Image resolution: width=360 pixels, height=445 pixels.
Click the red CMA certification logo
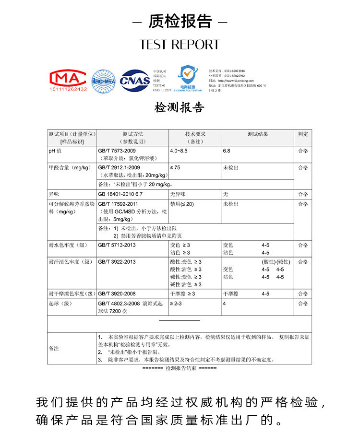tap(68, 78)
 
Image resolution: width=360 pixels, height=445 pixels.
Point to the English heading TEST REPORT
tap(180, 45)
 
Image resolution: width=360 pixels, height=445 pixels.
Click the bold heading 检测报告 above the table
tap(180, 107)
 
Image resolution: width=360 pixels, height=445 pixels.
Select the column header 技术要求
tap(195, 134)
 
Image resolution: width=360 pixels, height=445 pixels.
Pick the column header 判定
tap(302, 134)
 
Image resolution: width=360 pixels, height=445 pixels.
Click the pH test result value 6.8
tap(227, 151)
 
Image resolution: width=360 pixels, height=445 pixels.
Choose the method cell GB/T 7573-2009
tap(113, 151)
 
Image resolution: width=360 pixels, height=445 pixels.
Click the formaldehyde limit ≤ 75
tap(175, 167)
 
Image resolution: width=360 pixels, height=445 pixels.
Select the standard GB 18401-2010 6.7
tap(120, 194)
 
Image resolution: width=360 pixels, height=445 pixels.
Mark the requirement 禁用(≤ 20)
tap(182, 204)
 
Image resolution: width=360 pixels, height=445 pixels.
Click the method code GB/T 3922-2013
tap(117, 262)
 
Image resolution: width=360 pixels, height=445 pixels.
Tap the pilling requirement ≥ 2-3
tap(176, 304)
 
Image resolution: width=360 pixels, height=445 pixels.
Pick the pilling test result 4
tap(224, 304)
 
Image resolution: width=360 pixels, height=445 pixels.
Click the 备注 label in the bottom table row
tap(54, 348)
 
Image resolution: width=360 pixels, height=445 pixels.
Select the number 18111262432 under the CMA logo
tap(68, 89)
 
